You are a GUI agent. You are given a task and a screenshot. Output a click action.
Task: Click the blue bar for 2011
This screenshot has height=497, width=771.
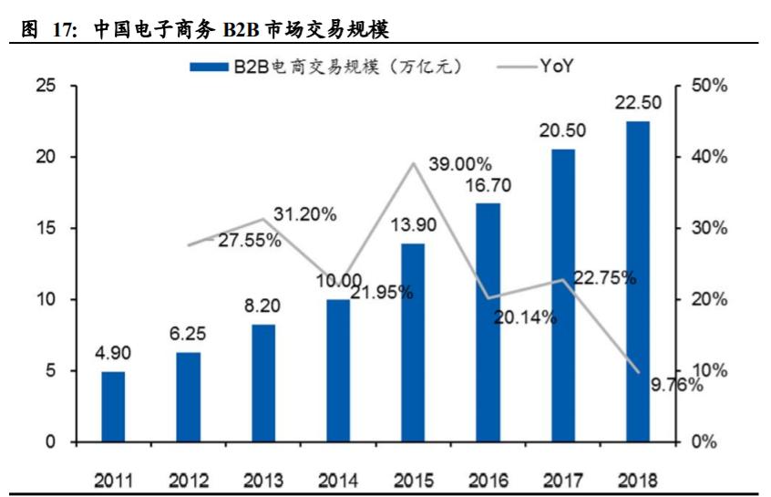click(x=113, y=406)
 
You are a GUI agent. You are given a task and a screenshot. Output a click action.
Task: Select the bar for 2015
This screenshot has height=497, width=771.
click(x=413, y=342)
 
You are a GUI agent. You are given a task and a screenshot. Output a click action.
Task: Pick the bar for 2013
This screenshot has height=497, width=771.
click(x=262, y=383)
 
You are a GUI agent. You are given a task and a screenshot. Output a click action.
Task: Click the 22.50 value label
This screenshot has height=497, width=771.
click(x=638, y=103)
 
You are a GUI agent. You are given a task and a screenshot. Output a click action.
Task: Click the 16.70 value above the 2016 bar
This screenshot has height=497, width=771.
click(x=488, y=186)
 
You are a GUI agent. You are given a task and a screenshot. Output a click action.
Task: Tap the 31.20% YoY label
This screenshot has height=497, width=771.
click(x=306, y=215)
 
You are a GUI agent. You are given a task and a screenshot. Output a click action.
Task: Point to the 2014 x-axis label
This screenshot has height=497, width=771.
click(x=337, y=480)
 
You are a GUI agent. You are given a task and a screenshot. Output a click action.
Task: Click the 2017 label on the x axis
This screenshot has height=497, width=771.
click(x=562, y=480)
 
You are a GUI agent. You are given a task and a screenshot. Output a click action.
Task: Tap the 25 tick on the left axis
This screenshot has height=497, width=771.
click(x=45, y=86)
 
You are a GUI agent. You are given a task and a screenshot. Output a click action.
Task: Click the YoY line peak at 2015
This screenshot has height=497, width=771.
click(x=413, y=164)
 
